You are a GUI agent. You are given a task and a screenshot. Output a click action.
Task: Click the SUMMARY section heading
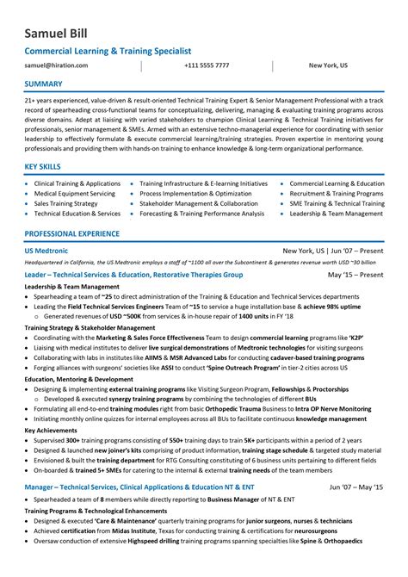click(x=44, y=84)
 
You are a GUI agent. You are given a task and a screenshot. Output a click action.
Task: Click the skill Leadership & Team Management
click(x=336, y=214)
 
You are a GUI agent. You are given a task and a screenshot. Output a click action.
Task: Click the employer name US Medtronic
click(x=51, y=251)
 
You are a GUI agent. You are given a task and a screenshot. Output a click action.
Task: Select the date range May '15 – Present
click(x=355, y=275)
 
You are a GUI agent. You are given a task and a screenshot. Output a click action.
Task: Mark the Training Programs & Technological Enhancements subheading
click(x=94, y=535)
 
